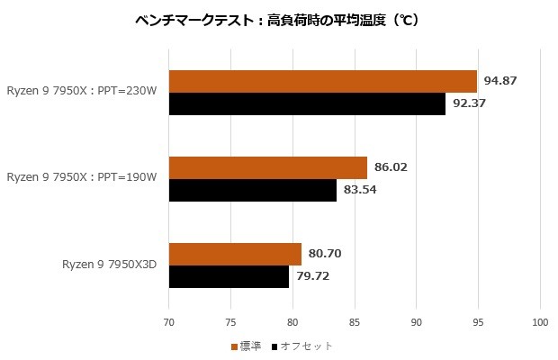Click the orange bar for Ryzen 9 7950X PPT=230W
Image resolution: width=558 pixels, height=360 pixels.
click(x=322, y=82)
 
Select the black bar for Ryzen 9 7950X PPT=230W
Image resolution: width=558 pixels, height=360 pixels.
click(x=307, y=104)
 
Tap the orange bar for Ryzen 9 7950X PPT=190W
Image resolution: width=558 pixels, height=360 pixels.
click(x=267, y=168)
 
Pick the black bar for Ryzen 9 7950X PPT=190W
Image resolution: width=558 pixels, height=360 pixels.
click(x=252, y=190)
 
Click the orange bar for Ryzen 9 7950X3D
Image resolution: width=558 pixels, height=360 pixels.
click(x=235, y=254)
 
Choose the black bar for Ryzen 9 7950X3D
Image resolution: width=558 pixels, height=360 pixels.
click(x=229, y=276)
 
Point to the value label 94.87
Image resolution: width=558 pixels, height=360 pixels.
click(x=500, y=82)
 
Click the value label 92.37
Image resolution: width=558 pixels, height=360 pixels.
click(x=470, y=104)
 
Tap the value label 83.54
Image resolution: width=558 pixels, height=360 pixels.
click(x=360, y=190)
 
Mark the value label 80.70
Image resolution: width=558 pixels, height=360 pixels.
click(x=325, y=254)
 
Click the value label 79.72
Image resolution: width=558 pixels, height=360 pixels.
click(x=312, y=276)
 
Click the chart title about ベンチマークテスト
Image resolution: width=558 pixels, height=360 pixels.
click(x=279, y=20)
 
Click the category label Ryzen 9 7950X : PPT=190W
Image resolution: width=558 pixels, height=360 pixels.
click(x=82, y=178)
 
